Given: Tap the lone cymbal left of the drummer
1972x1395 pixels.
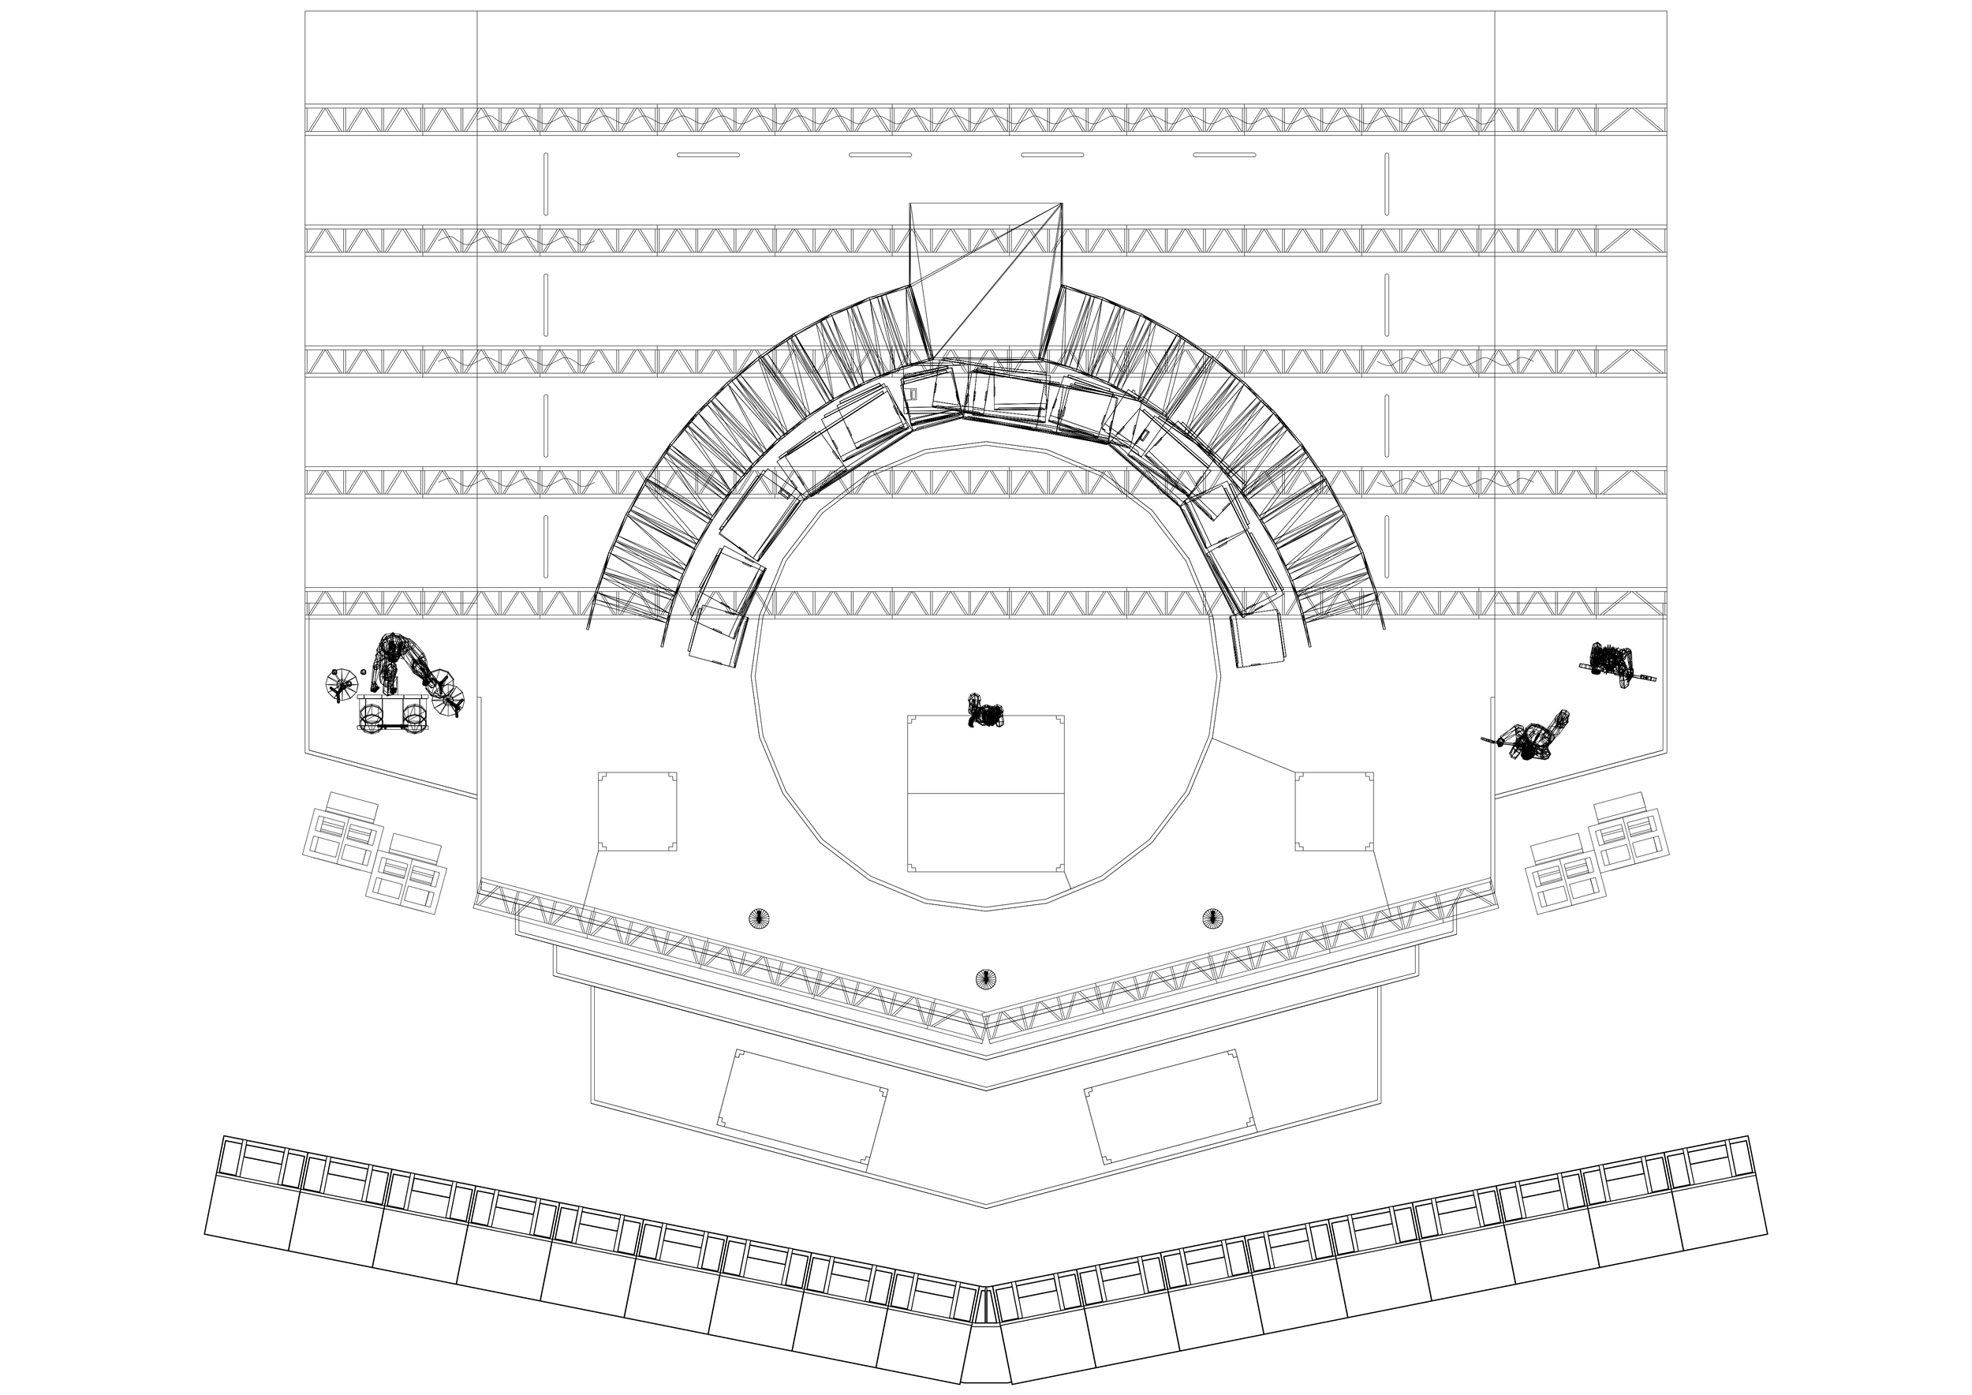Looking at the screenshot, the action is (x=341, y=684).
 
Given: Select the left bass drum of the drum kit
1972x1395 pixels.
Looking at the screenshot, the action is (x=372, y=716).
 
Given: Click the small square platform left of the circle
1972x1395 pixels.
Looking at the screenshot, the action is (x=637, y=811).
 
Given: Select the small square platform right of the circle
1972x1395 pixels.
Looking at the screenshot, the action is (x=1334, y=811).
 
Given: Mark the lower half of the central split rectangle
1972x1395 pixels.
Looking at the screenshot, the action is (x=986, y=832).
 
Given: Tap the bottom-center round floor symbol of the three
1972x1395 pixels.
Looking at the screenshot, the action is (x=986, y=978).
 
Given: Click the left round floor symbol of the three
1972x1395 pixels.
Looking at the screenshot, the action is (x=760, y=918).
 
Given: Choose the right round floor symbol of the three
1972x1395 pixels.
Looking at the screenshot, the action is (x=1212, y=918).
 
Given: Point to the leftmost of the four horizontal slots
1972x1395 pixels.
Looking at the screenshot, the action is (x=708, y=155).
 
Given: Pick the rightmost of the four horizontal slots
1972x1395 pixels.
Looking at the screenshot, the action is (x=1225, y=155).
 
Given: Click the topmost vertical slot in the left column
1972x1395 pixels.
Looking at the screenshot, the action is (x=545, y=184).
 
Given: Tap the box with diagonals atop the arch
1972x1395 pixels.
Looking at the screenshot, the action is (x=986, y=279).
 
